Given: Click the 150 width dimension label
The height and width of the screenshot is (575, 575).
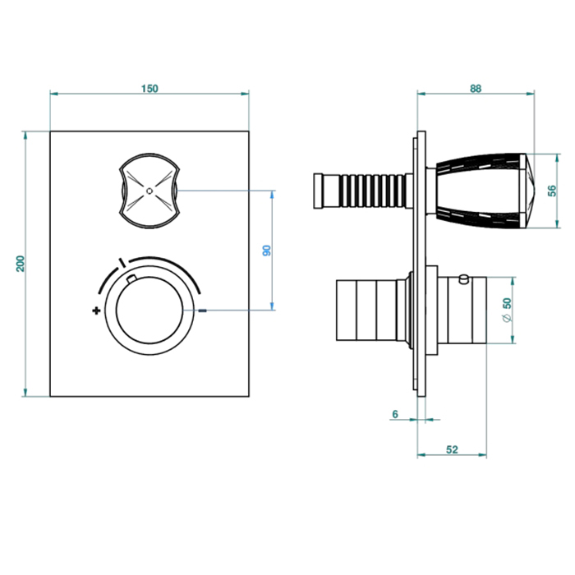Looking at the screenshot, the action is point(149,89).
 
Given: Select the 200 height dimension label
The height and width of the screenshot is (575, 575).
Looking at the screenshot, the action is point(21,264).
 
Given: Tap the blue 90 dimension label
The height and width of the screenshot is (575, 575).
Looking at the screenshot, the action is point(267,251).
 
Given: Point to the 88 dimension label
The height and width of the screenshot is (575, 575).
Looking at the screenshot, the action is point(476,89).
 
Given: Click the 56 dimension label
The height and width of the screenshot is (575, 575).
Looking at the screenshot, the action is point(552,191).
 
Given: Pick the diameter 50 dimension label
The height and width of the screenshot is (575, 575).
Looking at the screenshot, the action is point(507,310).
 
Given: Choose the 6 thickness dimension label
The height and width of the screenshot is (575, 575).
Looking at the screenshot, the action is point(395,414).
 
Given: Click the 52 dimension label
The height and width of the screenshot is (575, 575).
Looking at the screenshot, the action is point(452,449).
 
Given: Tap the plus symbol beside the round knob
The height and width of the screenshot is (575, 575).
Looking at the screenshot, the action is point(96,311).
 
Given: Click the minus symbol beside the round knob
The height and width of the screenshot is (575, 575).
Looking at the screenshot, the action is point(202,310).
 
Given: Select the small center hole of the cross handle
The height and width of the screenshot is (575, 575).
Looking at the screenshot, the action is point(149,191).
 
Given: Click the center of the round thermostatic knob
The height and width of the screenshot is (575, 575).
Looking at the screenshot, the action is point(149,310).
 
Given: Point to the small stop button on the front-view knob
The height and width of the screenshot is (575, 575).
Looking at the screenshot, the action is point(131,279).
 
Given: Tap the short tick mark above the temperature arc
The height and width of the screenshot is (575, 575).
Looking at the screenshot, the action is point(122,263).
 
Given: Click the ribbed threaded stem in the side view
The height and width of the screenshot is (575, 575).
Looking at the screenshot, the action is point(372,191).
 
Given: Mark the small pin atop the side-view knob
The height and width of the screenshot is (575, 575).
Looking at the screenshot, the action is point(464,279).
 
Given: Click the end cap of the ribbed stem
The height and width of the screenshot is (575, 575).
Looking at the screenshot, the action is point(318,191).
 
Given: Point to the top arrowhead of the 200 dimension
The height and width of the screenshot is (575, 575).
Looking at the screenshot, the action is point(25,135).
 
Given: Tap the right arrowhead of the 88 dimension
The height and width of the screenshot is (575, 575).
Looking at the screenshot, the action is point(531,94).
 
